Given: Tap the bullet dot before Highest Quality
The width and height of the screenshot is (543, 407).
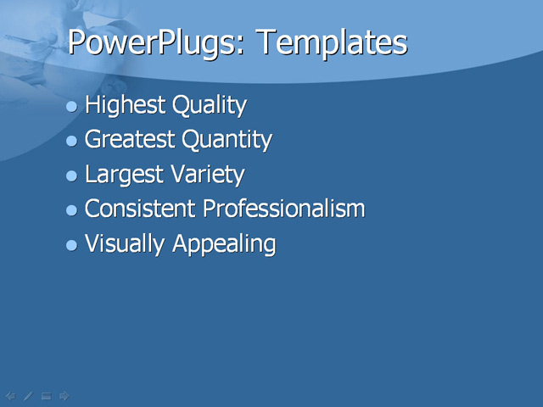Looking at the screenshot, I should point(72,107).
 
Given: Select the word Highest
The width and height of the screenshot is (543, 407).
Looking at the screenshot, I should point(126,107).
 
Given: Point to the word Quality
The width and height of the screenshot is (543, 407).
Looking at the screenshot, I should point(210,107).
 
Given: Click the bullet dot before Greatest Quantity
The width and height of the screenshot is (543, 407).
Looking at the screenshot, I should point(72,141).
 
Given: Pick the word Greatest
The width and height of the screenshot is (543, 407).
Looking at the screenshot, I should point(132,140).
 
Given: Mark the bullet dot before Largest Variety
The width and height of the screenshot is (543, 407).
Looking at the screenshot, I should point(72,176).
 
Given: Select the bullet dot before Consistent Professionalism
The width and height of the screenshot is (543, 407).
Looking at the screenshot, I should point(72,209).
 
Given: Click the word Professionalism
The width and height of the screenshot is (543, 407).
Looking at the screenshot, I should point(283,209).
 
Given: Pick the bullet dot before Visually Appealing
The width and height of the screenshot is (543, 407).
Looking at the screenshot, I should point(72,245).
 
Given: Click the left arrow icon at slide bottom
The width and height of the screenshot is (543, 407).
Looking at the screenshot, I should point(10,395).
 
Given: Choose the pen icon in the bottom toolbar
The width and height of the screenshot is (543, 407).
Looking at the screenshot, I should point(28,395).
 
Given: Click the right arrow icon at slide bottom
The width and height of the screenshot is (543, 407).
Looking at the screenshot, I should point(64,395).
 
